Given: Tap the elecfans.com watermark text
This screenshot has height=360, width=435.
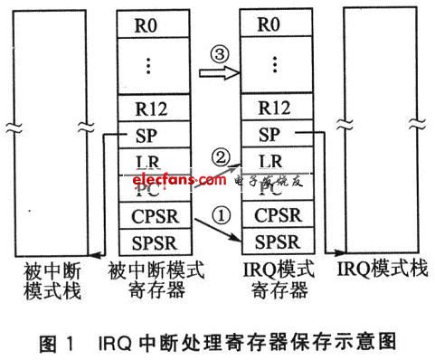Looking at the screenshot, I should [179, 181].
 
